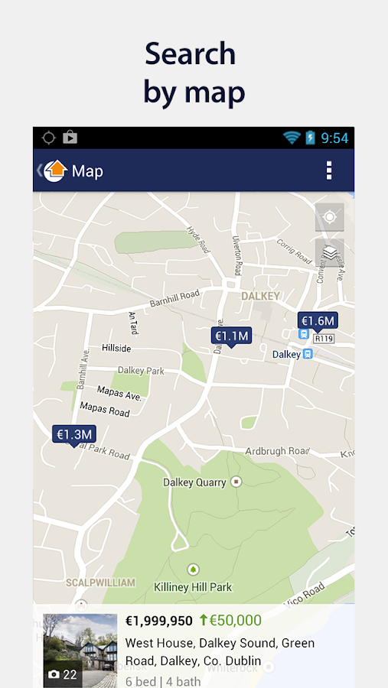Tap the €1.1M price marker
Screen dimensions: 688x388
[x=231, y=336]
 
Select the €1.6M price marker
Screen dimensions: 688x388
[x=317, y=321]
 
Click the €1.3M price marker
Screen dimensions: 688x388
[x=74, y=434]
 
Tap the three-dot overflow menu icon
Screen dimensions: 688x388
[x=329, y=170]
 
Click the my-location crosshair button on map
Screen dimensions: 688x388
[x=330, y=217]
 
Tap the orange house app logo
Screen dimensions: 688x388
[x=55, y=170]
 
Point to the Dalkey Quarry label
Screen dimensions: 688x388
[x=195, y=482]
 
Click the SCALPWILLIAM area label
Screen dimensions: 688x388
[x=100, y=583]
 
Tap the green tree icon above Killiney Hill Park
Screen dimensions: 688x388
[x=193, y=569]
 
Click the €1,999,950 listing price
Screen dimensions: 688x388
[x=159, y=621]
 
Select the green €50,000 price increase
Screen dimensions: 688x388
[x=230, y=621]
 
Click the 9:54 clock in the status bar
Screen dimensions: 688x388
[x=334, y=138]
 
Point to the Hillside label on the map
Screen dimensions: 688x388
[x=116, y=348]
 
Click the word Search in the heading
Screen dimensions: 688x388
[x=190, y=54]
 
